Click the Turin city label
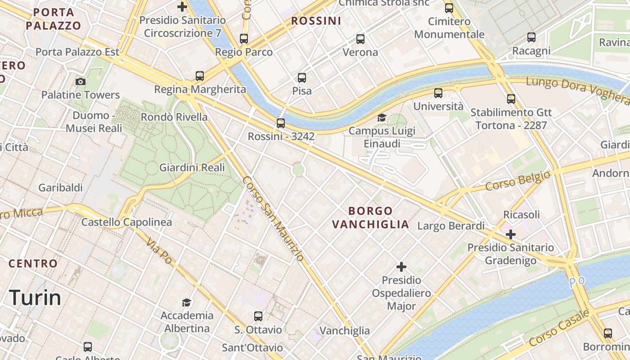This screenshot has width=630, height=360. click(35, 298)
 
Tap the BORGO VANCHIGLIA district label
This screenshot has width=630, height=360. click(370, 217)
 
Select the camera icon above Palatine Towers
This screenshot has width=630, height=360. click(81, 81)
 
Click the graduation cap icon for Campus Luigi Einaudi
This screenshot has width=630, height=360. click(382, 118)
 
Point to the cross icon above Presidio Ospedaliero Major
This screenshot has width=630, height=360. click(401, 267)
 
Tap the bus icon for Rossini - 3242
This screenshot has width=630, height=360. click(281, 123)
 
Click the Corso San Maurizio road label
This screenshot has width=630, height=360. click(273, 218)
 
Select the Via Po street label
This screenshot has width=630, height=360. click(159, 250)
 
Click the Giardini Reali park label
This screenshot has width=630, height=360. click(192, 167)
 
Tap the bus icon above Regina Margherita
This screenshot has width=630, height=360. click(200, 76)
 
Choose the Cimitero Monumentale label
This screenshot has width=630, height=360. click(449, 27)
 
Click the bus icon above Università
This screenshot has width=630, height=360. click(438, 93)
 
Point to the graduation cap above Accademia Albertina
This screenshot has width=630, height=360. click(186, 302)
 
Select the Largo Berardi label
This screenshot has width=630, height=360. click(451, 225)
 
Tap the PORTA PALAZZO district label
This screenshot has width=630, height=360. click(54, 18)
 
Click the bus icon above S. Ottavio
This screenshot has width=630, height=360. click(258, 316)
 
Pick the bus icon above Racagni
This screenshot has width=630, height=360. click(531, 37)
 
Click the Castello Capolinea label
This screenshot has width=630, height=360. click(126, 222)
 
